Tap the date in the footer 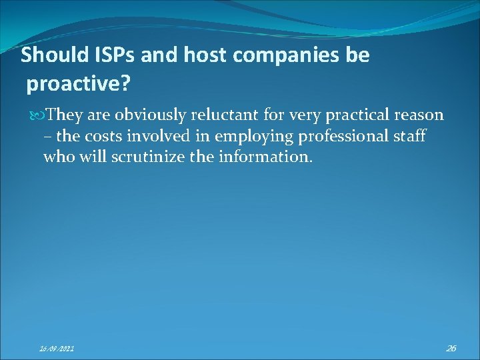[57, 348]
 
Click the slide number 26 [451, 347]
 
